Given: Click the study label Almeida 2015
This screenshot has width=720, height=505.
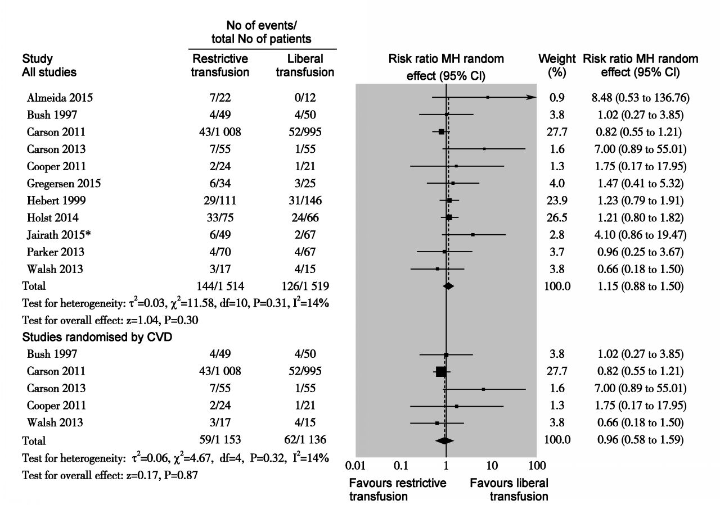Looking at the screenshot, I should (x=60, y=98).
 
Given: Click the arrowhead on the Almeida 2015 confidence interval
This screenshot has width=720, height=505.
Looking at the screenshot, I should (x=532, y=97).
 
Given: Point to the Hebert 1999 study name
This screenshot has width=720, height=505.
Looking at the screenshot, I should (x=57, y=201).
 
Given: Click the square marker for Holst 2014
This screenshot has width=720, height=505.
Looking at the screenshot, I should (x=449, y=217).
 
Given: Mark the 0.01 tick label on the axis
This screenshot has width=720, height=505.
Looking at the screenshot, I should (x=355, y=465).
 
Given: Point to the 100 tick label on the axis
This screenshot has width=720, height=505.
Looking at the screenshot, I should (x=537, y=465).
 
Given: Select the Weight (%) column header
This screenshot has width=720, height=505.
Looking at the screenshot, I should (x=557, y=65).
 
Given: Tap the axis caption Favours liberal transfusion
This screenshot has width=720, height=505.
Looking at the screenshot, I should (x=509, y=489).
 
